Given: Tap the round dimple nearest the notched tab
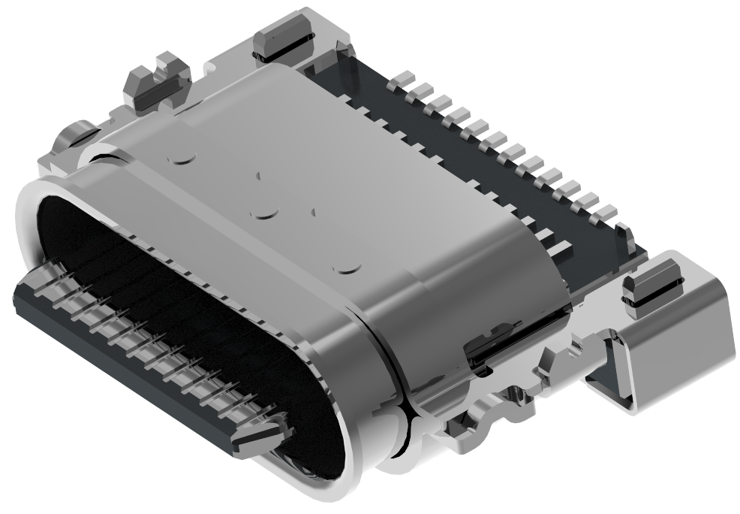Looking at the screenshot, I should [x=182, y=157].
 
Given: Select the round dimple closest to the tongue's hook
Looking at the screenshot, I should [x=347, y=266].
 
